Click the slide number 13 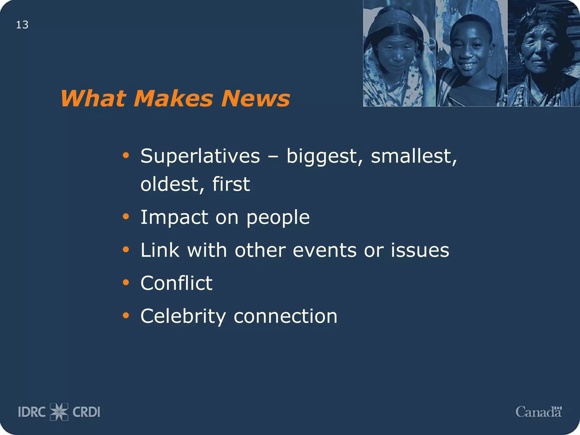pyautogui.click(x=22, y=25)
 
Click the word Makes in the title pyautogui.click(x=173, y=99)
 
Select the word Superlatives pyautogui.click(x=200, y=157)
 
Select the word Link pyautogui.click(x=160, y=250)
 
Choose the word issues pyautogui.click(x=420, y=250)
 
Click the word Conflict pyautogui.click(x=176, y=283)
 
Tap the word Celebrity pyautogui.click(x=183, y=317)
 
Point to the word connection pyautogui.click(x=285, y=316)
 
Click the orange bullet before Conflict pyautogui.click(x=126, y=282)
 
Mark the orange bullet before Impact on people pyautogui.click(x=126, y=217)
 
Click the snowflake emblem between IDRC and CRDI pyautogui.click(x=59, y=412)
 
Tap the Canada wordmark pyautogui.click(x=538, y=412)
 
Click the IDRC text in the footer pyautogui.click(x=32, y=412)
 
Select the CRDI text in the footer pyautogui.click(x=86, y=412)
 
